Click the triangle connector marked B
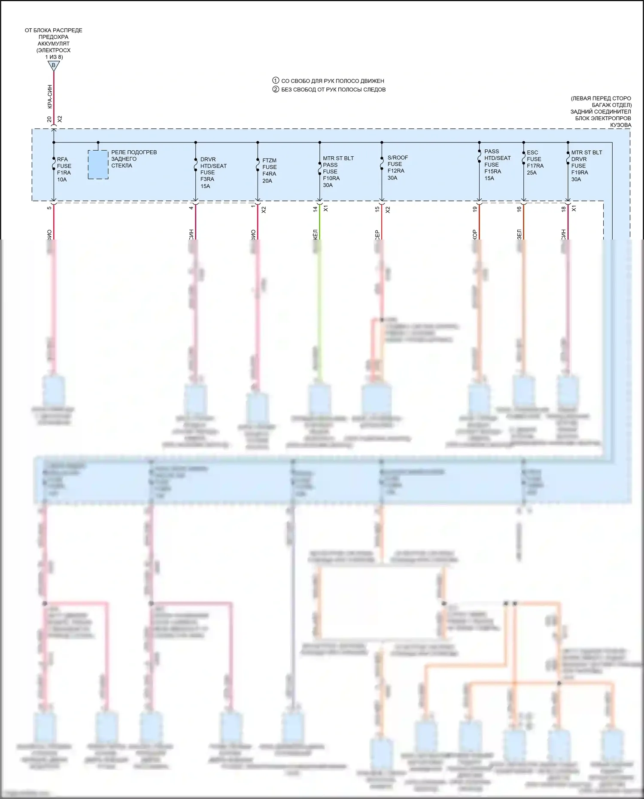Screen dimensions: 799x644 [x=54, y=66]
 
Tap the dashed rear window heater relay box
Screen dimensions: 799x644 [x=98, y=164]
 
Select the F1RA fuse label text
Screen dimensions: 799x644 [x=64, y=169]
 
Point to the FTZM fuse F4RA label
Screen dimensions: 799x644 [x=269, y=170]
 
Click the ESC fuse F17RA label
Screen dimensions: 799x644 [x=535, y=162]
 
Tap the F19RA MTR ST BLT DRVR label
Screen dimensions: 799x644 [x=586, y=165]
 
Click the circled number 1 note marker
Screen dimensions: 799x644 [x=276, y=80]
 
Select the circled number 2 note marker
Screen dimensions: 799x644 [x=276, y=89]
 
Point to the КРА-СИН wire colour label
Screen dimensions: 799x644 [x=50, y=97]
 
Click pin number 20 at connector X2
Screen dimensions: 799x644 [x=49, y=119]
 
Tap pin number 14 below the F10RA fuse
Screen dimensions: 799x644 [x=315, y=209]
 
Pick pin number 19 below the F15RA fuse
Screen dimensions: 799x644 [x=475, y=209]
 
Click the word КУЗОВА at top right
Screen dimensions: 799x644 [x=620, y=125]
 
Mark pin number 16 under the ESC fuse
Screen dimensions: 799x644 [x=519, y=209]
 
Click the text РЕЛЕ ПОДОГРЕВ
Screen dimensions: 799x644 [x=134, y=152]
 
